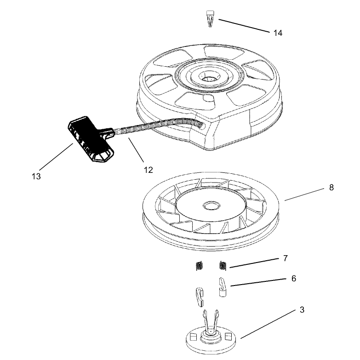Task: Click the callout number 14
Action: point(278,33)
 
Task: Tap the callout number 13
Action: point(36,177)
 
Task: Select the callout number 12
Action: point(149,170)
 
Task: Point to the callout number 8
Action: point(331,188)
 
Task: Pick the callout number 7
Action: point(286,258)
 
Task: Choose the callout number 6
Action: point(294,279)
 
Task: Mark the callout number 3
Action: point(302,310)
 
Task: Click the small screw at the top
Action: point(210,19)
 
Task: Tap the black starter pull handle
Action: point(91,138)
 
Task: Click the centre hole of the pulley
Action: point(211,206)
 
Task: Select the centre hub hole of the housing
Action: point(210,79)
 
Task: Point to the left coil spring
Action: point(200,266)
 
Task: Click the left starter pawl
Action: point(200,297)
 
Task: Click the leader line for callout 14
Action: point(244,26)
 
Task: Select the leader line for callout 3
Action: point(268,324)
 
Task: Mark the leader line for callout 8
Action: point(304,194)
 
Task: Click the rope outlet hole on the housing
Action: point(201,126)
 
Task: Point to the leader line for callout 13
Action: point(56,157)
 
